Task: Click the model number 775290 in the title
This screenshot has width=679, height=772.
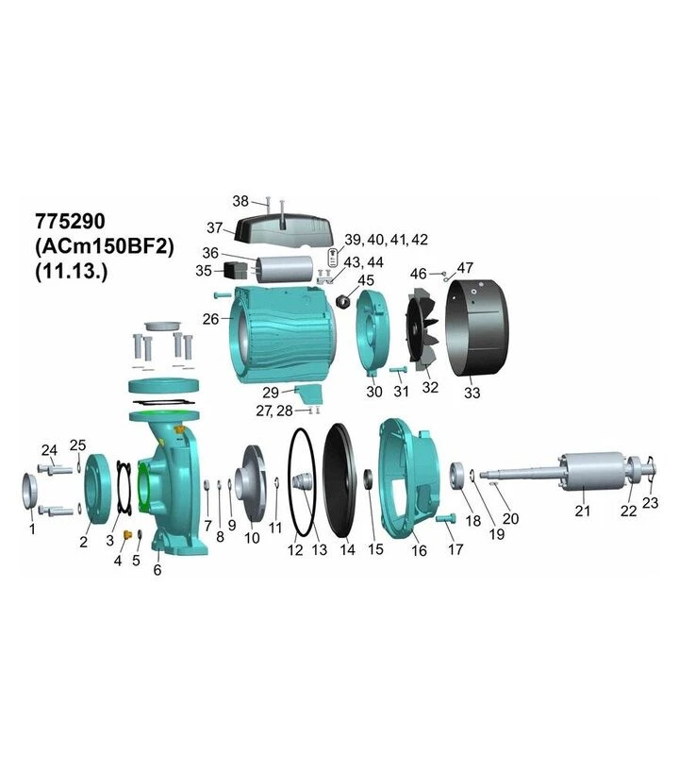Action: tap(71, 222)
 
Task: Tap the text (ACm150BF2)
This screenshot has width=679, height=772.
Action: tap(105, 246)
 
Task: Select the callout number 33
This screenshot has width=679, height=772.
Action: tap(472, 393)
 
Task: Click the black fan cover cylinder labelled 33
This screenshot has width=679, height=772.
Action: tap(476, 327)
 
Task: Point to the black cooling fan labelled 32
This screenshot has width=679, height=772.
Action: tap(422, 333)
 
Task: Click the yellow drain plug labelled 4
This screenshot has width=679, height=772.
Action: tap(127, 535)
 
